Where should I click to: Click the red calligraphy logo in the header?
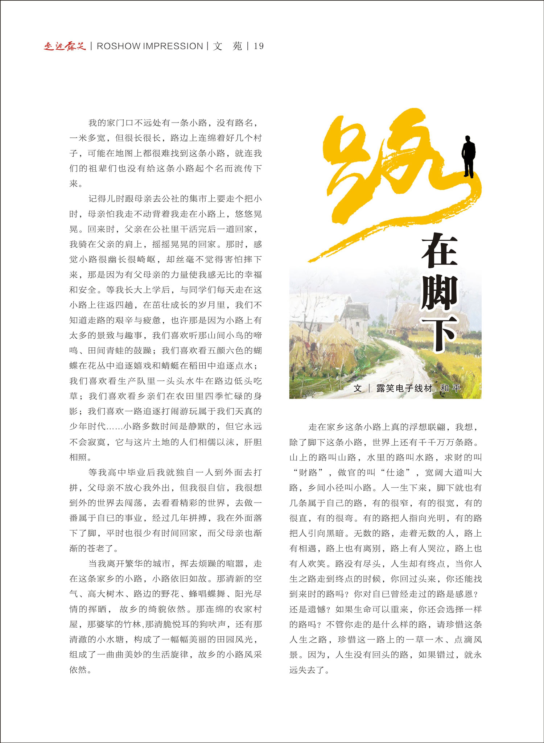click(x=65, y=46)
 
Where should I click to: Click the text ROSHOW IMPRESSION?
click(x=150, y=46)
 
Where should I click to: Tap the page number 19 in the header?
click(x=259, y=46)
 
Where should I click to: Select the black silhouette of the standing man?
click(x=468, y=156)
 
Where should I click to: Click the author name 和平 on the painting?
click(x=450, y=388)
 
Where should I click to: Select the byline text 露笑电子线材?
click(x=404, y=388)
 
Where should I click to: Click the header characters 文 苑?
click(x=227, y=46)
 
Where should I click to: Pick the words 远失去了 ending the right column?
click(x=307, y=670)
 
